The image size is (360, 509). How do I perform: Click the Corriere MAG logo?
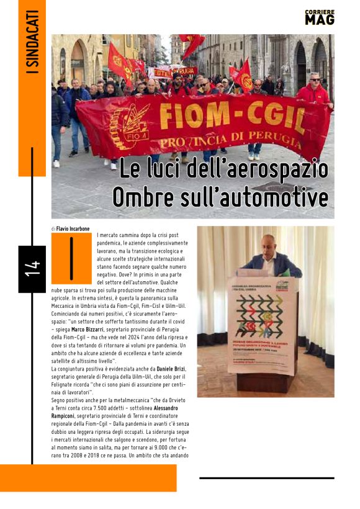320,17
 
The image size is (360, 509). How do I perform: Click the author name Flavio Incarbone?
75,228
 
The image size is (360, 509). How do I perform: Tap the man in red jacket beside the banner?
312,93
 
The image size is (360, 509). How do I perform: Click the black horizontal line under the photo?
266,478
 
